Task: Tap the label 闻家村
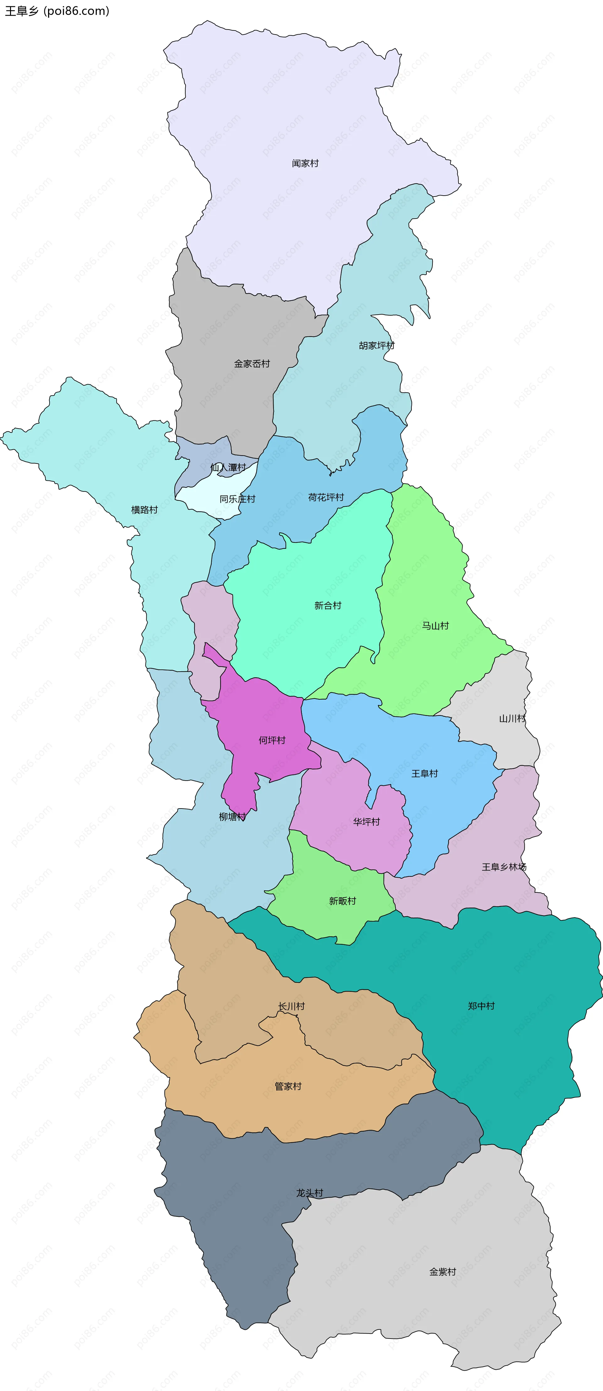(305, 163)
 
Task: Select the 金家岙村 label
(252, 364)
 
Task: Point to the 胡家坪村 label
(377, 346)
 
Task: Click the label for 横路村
(145, 510)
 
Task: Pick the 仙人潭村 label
(228, 468)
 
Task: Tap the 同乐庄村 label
(237, 499)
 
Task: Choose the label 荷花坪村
(326, 497)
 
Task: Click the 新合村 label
(328, 606)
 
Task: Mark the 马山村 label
(436, 626)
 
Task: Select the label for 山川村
(512, 719)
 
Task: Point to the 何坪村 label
(272, 740)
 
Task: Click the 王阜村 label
(425, 774)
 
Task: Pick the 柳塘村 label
(232, 817)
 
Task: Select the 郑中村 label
(481, 1006)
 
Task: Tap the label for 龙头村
(310, 1193)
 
